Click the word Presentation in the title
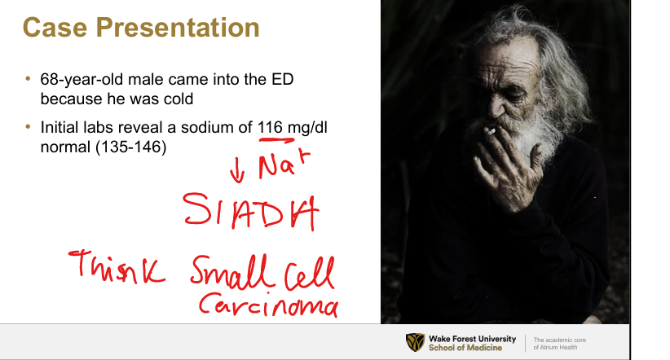178,28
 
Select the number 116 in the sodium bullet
270,127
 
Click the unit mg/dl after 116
307,128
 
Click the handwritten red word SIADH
251,212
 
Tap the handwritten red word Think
117,267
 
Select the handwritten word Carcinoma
268,304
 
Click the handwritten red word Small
231,271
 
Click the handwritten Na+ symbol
283,164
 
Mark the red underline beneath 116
276,139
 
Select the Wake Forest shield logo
415,343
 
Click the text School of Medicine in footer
465,348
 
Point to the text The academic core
560,340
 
